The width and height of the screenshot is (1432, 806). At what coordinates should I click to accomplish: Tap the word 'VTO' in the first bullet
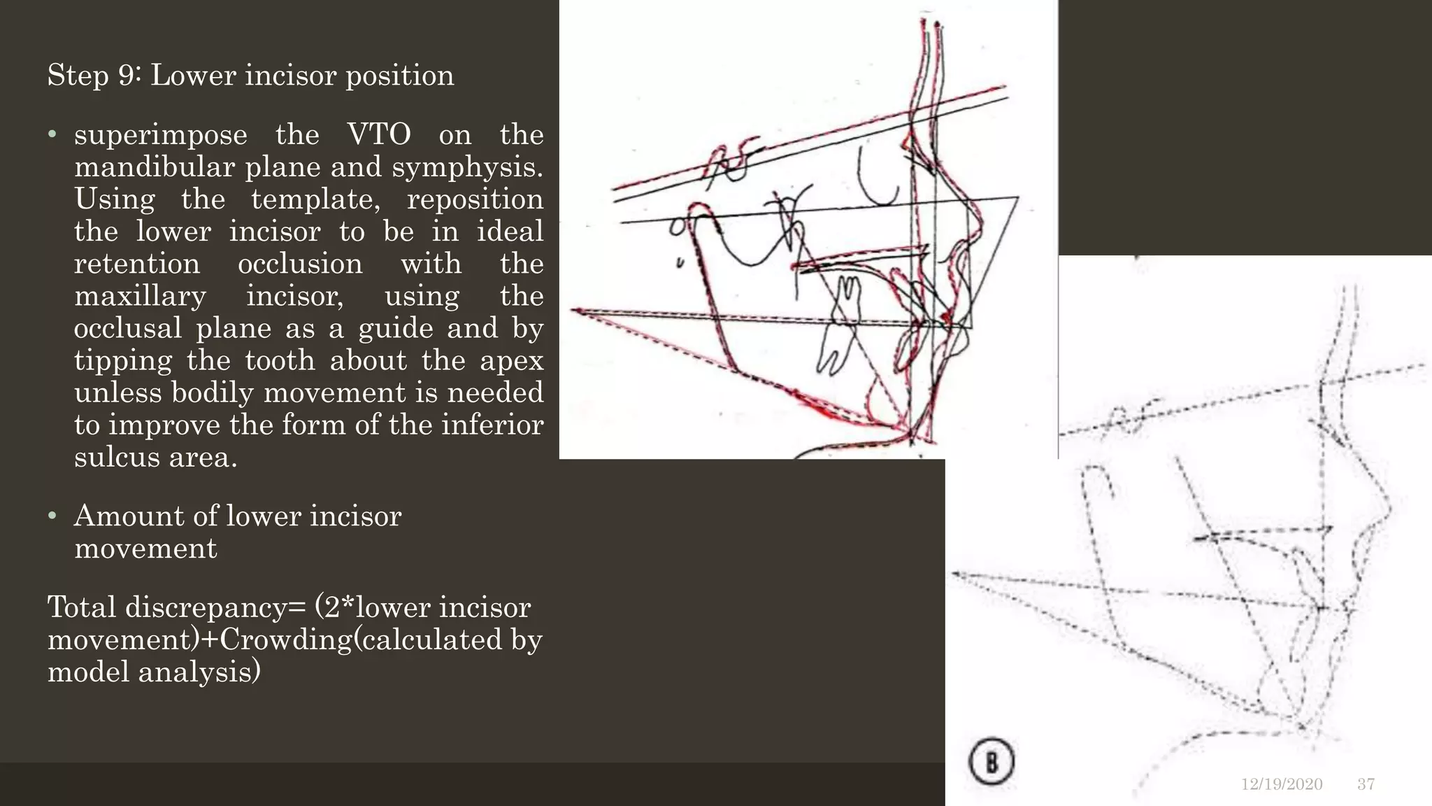379,134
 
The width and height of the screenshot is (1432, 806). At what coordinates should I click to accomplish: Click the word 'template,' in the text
315,199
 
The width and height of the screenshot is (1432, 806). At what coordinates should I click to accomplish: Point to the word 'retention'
137,264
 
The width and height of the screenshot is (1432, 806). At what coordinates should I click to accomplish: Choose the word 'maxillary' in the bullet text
140,296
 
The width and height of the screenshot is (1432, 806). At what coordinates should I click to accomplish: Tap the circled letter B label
991,761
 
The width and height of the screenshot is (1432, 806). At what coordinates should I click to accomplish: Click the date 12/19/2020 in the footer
1282,784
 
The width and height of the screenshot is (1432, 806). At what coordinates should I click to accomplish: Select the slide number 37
1366,784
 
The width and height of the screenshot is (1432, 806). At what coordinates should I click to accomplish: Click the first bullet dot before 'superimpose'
52,134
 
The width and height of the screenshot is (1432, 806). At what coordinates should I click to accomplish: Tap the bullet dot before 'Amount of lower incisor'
52,516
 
